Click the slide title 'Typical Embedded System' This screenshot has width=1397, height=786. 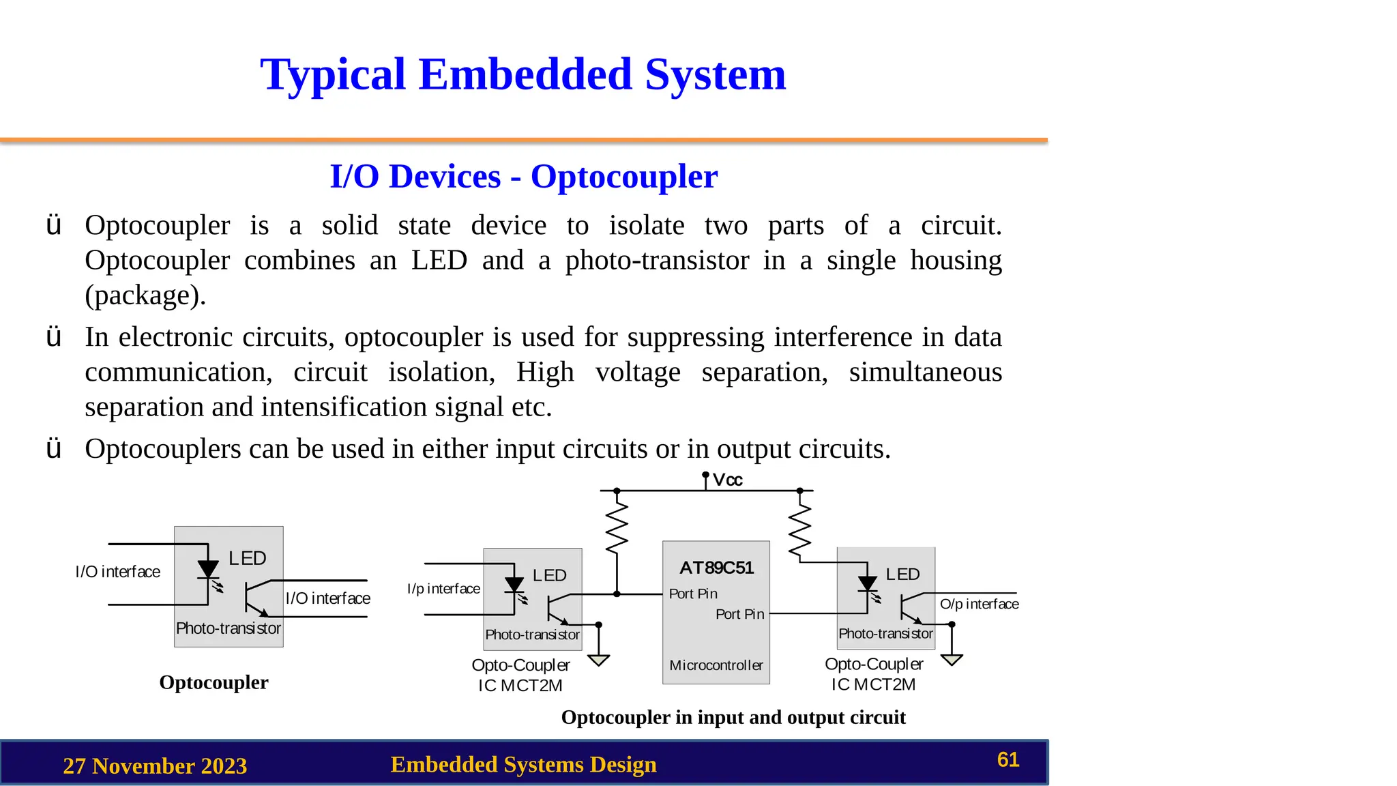[523, 74]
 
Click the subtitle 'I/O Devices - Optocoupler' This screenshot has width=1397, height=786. [523, 177]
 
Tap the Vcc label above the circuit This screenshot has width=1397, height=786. [727, 480]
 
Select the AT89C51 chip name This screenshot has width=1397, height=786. [716, 568]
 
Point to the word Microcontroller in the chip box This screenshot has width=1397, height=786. [716, 665]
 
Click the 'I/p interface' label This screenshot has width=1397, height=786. [443, 589]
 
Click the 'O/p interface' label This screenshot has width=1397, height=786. [979, 604]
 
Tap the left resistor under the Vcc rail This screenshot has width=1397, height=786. [617, 527]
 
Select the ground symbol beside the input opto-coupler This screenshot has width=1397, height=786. [598, 660]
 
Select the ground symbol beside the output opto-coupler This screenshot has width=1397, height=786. [952, 660]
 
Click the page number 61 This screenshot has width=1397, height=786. [1008, 760]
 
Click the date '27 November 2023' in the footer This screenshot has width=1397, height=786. [155, 766]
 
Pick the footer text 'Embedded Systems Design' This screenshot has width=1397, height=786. [523, 765]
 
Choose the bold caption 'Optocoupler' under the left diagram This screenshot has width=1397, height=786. [214, 682]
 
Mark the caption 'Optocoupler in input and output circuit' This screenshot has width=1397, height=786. [733, 718]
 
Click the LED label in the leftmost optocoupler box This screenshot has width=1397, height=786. [247, 559]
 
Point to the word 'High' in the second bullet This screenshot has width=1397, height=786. [545, 373]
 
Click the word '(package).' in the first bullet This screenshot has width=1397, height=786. [145, 295]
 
